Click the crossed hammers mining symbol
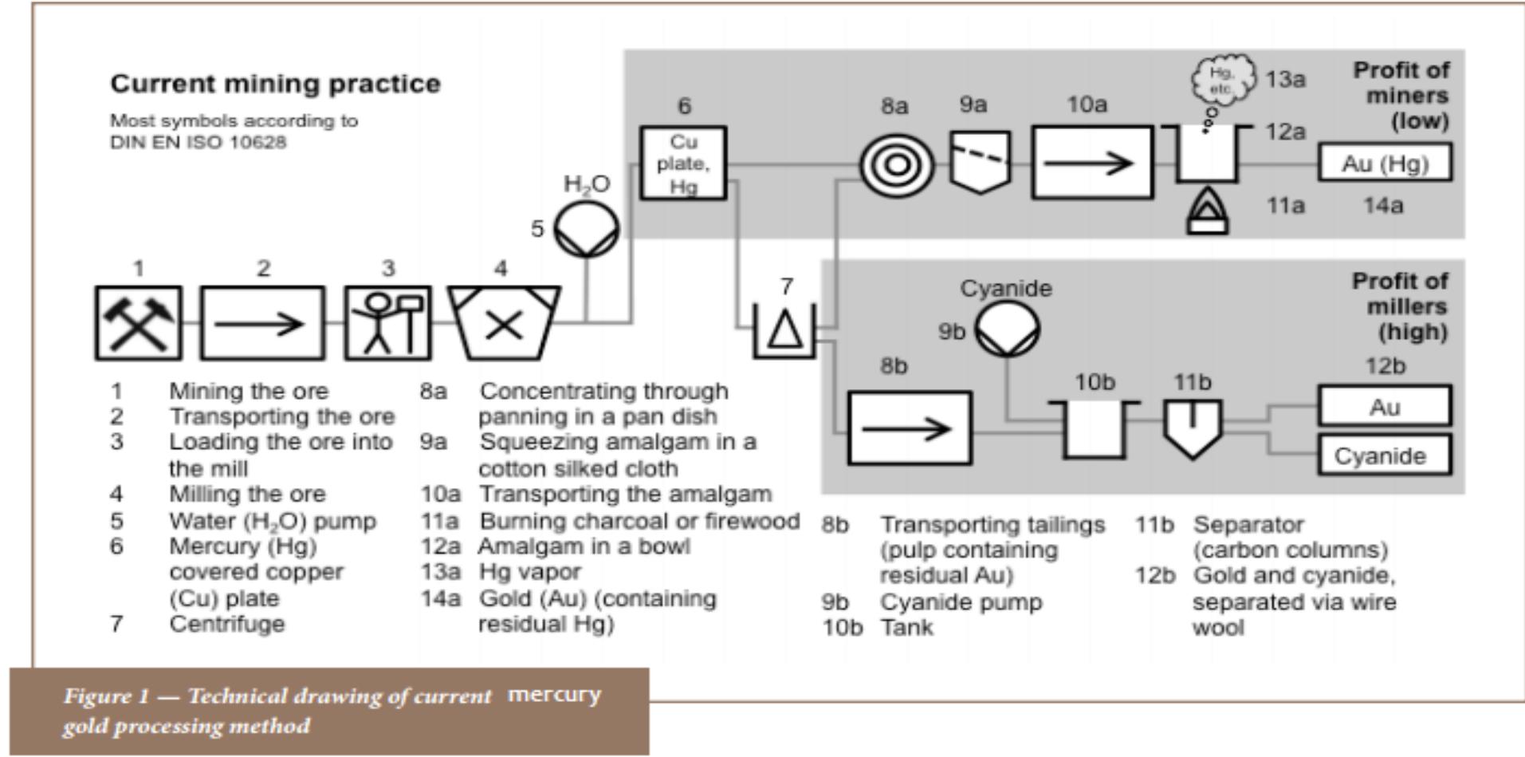138,323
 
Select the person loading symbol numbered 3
387,323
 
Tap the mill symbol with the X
503,324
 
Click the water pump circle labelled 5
586,230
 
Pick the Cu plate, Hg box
683,164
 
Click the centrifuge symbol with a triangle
784,330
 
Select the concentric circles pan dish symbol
897,165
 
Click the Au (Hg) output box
1385,164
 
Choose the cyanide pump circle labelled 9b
1008,329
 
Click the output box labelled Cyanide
1384,455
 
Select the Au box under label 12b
1384,407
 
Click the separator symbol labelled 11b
1193,428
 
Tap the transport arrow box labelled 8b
910,428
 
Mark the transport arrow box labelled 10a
1092,163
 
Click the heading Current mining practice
275,84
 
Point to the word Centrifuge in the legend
226,624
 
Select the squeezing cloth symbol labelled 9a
981,162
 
